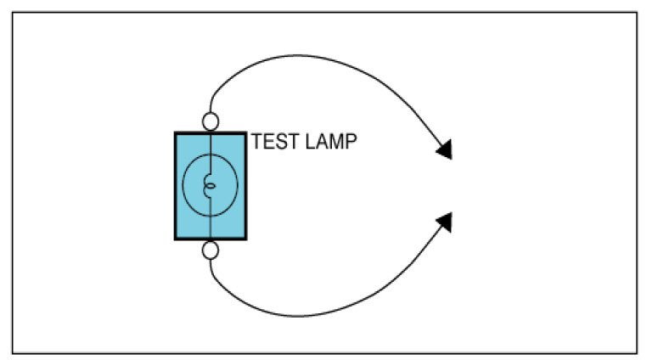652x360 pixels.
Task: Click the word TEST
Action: coord(273,142)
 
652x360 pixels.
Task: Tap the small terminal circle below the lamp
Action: coord(211,250)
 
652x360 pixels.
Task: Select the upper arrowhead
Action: coord(445,151)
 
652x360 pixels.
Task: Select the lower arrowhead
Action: coord(445,222)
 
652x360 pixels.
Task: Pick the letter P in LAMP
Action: coord(350,142)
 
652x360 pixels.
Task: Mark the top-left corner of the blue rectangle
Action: coord(176,132)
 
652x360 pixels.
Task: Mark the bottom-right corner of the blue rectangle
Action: coord(247,239)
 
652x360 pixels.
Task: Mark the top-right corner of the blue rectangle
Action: coord(247,132)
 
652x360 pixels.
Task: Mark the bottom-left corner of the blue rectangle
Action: coord(176,239)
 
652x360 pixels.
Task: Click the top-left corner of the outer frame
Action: coord(13,12)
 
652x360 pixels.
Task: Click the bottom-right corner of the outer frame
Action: coord(638,352)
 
